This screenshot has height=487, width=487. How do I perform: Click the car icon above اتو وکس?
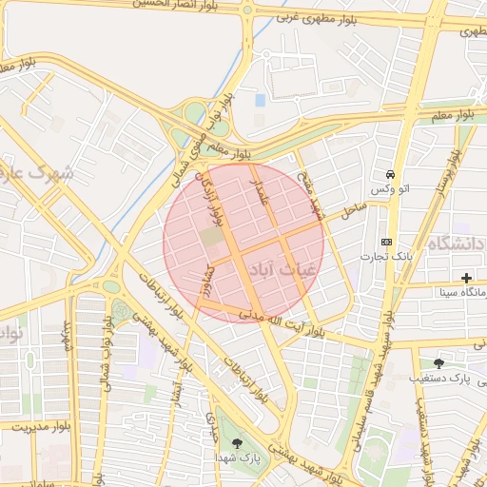point(390,175)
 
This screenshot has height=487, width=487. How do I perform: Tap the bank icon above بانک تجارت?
point(386,242)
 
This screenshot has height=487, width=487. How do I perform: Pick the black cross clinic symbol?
point(466,278)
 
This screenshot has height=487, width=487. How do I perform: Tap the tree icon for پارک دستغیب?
point(438,362)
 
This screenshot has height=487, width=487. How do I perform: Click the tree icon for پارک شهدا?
point(236,442)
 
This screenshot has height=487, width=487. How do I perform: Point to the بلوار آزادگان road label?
point(211,197)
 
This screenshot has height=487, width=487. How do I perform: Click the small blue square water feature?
point(261,100)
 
